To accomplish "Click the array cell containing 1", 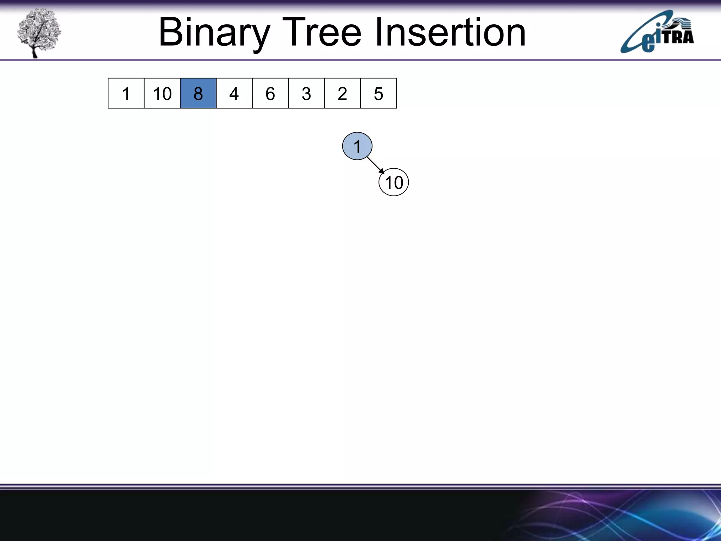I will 126,93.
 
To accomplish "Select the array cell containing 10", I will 162,93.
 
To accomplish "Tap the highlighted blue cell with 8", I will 198,93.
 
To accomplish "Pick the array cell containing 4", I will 234,93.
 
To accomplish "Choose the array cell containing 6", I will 270,93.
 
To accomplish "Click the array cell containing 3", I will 306,93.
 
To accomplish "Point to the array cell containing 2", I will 342,93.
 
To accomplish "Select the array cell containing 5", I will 378,93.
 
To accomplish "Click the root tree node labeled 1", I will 357,146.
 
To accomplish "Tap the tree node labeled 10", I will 394,182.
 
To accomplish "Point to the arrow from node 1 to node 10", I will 375,165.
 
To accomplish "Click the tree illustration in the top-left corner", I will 39,33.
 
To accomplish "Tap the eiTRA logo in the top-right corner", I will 657,33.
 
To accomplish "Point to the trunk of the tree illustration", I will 34,52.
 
